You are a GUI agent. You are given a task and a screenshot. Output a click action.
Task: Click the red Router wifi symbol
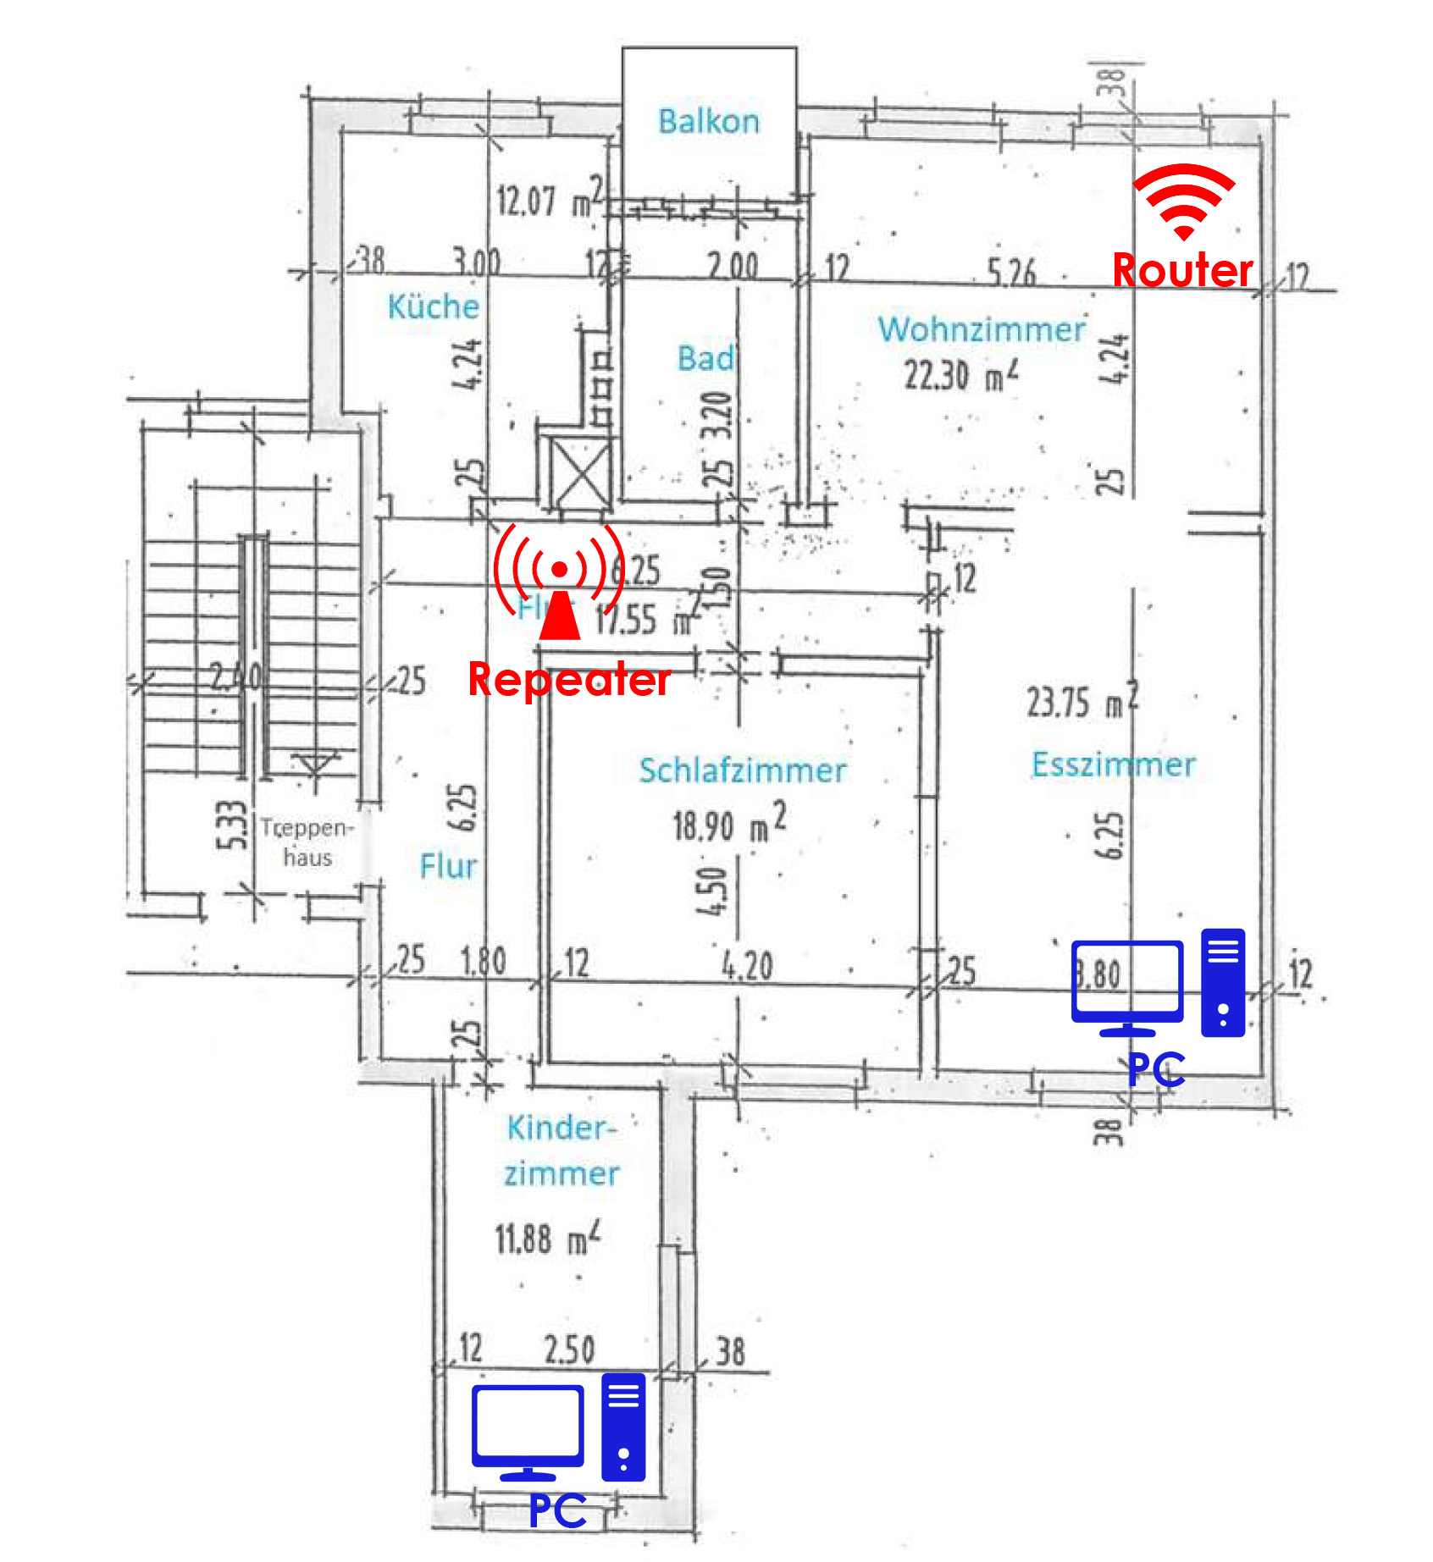click(1183, 201)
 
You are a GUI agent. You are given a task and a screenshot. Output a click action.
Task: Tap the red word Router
click(1182, 271)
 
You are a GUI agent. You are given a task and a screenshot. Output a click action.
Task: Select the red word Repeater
click(569, 680)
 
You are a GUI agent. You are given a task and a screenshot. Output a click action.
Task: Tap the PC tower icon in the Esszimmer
click(1223, 982)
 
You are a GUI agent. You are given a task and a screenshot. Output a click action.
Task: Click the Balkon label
click(709, 122)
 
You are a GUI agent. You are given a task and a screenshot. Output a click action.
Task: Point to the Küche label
click(433, 306)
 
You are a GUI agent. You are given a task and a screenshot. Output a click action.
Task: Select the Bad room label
click(705, 358)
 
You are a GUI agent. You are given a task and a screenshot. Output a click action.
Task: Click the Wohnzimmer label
click(981, 329)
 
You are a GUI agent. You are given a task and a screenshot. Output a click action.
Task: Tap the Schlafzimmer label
click(742, 770)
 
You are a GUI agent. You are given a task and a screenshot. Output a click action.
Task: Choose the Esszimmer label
click(1113, 764)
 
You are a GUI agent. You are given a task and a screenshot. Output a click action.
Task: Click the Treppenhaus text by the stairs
click(307, 842)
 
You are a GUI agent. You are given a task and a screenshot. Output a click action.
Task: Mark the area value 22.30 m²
click(960, 375)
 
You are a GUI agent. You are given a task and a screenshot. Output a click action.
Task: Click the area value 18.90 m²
click(729, 824)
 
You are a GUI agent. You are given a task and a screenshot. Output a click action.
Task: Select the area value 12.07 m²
click(550, 200)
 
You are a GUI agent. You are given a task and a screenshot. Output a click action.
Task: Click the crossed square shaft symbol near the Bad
click(581, 472)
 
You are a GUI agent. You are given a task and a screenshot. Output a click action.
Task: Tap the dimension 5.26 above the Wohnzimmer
click(1011, 273)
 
